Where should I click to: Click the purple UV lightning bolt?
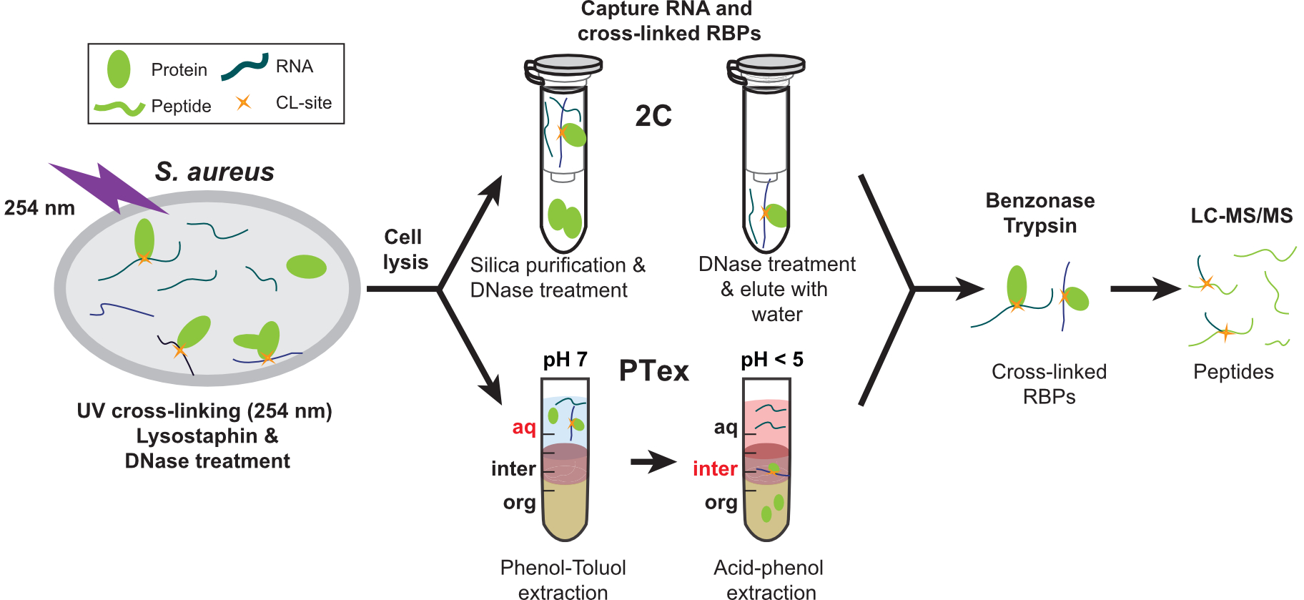point(107,187)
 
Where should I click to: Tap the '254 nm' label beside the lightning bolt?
point(39,208)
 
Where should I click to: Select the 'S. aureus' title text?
point(214,172)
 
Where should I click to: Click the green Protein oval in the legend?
point(119,69)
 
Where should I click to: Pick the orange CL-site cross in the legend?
point(244,102)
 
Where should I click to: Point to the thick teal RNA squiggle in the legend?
point(244,67)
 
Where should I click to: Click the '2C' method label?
point(653,116)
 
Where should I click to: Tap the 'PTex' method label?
point(653,370)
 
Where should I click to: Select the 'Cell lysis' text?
point(405,250)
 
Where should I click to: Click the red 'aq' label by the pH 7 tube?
point(523,427)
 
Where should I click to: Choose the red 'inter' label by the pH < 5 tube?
point(714,468)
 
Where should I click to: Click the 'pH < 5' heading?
point(771,359)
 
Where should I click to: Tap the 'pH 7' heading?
point(565,359)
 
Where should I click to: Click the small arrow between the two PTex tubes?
point(652,462)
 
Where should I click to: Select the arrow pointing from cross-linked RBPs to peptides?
point(1144,289)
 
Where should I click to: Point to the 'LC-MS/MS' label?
point(1241,216)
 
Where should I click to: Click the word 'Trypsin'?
point(1039,226)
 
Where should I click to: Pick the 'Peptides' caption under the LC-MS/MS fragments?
point(1233,372)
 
